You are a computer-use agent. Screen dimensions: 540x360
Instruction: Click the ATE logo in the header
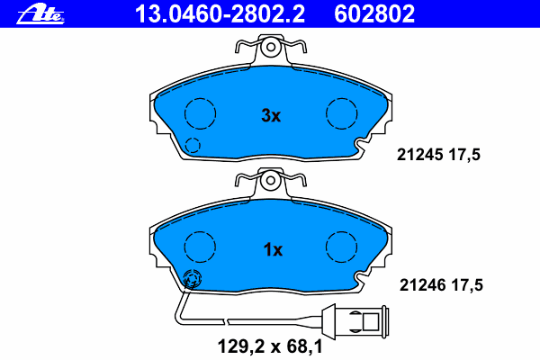pyautogui.click(x=40, y=14)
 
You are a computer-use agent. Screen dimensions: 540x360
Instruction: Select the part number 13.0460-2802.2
pyautogui.click(x=220, y=14)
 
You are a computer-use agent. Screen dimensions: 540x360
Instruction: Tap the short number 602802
pyautogui.click(x=374, y=14)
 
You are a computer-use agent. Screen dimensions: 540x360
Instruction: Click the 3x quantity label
pyautogui.click(x=271, y=116)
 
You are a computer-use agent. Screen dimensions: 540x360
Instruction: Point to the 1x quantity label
pyautogui.click(x=273, y=250)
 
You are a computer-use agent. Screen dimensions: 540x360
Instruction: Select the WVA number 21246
pyautogui.click(x=423, y=285)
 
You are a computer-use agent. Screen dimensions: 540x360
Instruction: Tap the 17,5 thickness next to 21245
pyautogui.click(x=464, y=155)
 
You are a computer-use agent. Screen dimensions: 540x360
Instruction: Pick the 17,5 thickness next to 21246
pyautogui.click(x=467, y=285)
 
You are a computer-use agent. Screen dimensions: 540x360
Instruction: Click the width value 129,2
pyautogui.click(x=241, y=346)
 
